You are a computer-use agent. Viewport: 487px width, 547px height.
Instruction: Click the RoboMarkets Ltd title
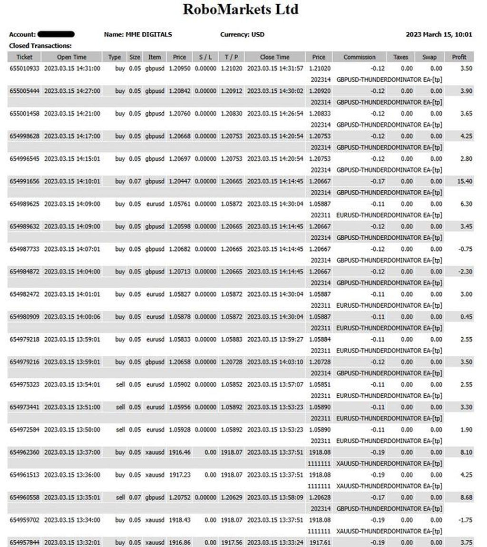coord(241,10)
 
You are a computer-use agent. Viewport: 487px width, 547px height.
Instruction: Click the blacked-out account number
coord(56,34)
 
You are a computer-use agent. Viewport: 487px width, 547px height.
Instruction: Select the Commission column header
coord(359,57)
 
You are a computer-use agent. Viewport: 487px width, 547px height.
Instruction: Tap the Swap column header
coord(429,57)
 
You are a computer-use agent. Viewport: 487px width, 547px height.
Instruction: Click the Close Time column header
coord(274,57)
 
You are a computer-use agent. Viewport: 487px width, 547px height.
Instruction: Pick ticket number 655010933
coord(24,68)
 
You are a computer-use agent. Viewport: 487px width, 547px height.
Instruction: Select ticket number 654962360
coord(24,452)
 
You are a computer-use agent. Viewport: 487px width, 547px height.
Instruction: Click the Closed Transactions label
coord(40,46)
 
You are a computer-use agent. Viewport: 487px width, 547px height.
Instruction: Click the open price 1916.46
coord(180,452)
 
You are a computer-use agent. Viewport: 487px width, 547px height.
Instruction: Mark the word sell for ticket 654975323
coord(120,384)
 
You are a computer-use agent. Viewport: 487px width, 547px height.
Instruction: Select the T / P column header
coord(231,57)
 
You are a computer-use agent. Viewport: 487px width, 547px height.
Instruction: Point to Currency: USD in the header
coord(242,35)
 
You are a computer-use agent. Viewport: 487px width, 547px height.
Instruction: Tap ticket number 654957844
coord(24,542)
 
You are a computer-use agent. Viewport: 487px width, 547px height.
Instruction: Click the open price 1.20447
coord(179,181)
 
